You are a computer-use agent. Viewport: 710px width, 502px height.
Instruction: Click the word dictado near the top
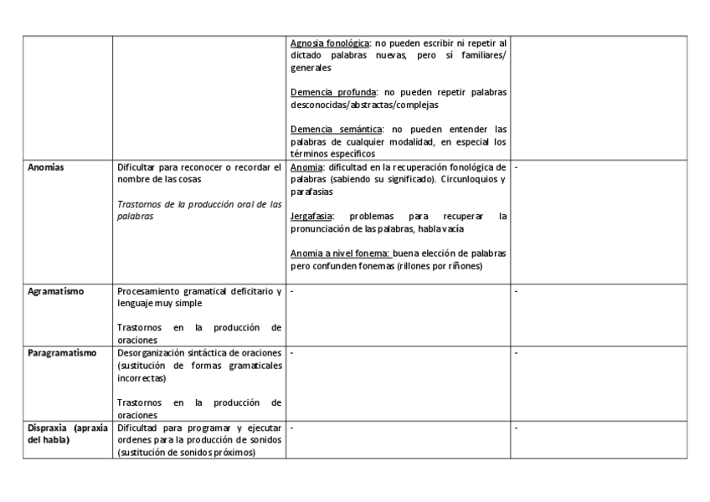(307, 55)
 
